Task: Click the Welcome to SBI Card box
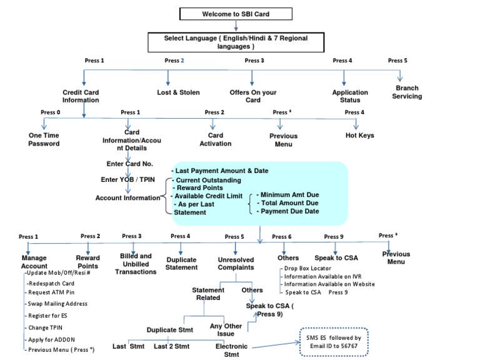(x=236, y=14)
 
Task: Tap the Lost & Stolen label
(x=178, y=92)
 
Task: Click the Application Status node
(x=350, y=96)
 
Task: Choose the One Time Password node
(x=44, y=139)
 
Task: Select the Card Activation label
(x=215, y=139)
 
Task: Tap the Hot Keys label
(x=359, y=135)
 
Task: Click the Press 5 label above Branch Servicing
(x=397, y=61)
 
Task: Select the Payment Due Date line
(x=287, y=211)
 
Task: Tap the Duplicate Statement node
(x=181, y=264)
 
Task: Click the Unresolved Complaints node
(x=236, y=264)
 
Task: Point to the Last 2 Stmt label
(x=171, y=346)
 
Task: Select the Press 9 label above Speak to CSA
(x=334, y=236)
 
